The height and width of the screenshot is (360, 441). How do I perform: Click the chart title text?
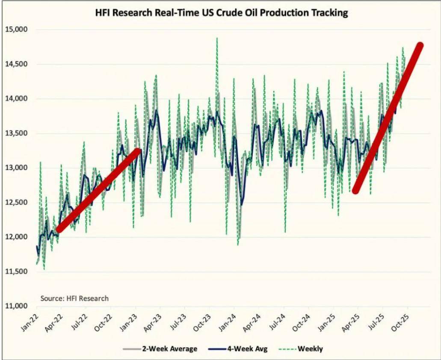(221, 13)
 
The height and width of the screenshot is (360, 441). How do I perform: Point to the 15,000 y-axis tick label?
(17, 30)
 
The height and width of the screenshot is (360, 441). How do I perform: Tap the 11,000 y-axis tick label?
(17, 306)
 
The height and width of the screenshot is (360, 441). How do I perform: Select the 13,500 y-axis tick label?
(17, 133)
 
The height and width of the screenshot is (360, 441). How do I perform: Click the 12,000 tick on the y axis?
(17, 237)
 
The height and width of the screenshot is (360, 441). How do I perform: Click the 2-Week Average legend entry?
(160, 349)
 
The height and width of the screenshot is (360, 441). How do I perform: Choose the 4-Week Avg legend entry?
(238, 349)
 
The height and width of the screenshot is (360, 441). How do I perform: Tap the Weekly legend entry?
(301, 349)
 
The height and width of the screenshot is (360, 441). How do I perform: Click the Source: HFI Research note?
(74, 298)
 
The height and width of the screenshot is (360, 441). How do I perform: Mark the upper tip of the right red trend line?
(420, 46)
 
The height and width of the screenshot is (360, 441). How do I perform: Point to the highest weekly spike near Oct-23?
(217, 38)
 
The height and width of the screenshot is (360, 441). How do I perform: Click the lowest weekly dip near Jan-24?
(238, 245)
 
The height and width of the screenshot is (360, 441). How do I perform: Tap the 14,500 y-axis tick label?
(17, 64)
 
